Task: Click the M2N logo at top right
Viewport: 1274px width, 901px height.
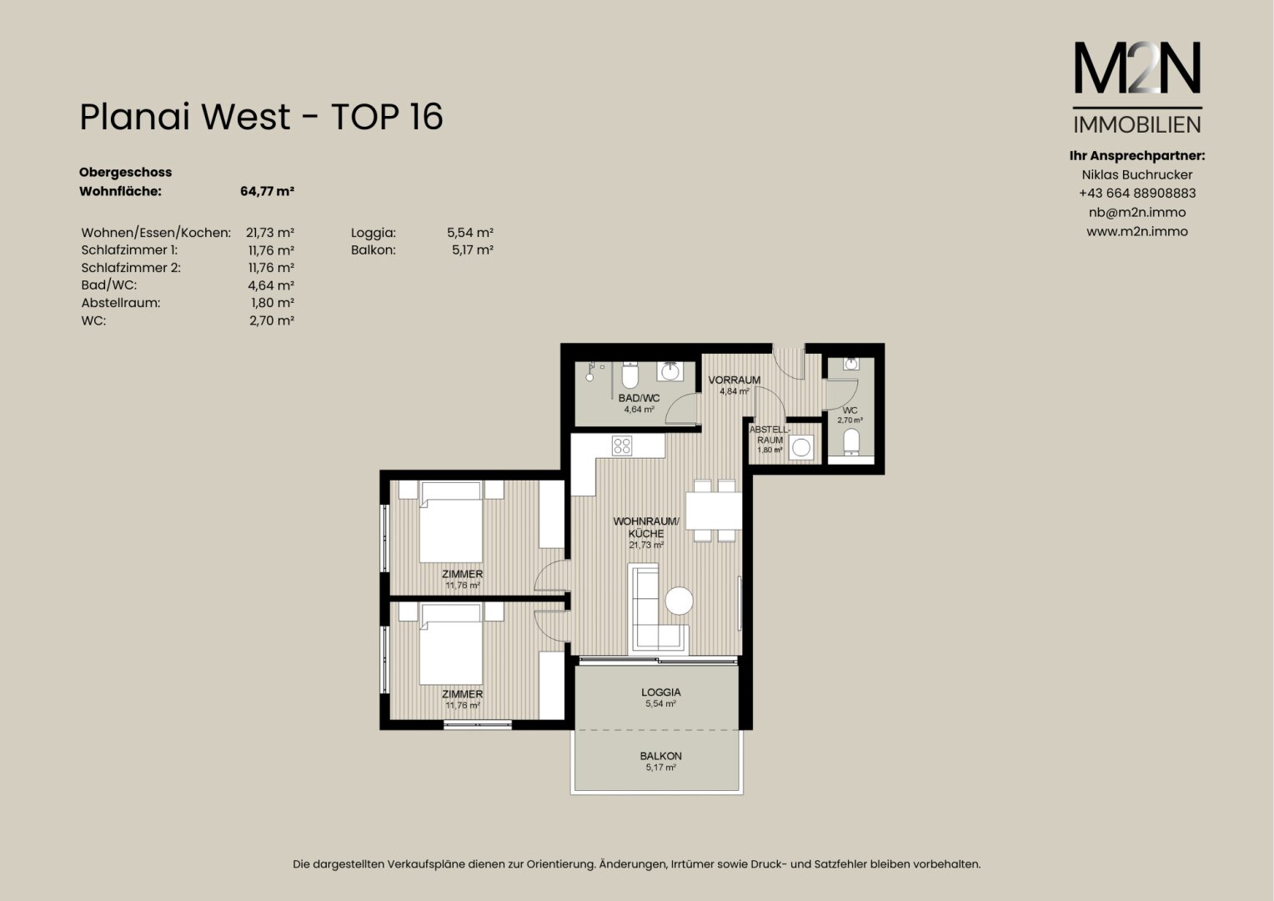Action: click(x=1137, y=87)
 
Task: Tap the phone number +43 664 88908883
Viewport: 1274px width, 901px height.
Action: click(x=1137, y=194)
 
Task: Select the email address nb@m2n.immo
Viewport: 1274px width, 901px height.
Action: click(x=1137, y=212)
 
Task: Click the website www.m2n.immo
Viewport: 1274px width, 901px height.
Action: click(x=1137, y=232)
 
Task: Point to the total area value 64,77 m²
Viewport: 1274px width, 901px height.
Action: click(x=267, y=191)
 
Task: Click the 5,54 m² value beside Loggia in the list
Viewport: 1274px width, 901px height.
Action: click(x=469, y=232)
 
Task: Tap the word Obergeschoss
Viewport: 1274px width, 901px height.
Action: click(x=125, y=173)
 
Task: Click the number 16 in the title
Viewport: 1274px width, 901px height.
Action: click(x=425, y=117)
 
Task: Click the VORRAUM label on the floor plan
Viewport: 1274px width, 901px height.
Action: click(x=735, y=380)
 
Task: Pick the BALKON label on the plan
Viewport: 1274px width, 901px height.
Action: click(x=660, y=756)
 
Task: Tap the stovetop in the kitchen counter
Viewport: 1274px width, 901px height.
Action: click(x=622, y=445)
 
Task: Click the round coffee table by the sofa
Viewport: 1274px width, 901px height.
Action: click(x=679, y=601)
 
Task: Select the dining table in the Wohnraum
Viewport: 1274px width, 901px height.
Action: click(x=714, y=511)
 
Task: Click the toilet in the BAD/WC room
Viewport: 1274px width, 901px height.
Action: click(x=630, y=375)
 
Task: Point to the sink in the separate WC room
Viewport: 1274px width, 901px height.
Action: click(x=850, y=364)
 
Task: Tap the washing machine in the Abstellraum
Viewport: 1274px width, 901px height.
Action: click(x=800, y=447)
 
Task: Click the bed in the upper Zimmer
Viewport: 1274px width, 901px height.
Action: click(x=451, y=522)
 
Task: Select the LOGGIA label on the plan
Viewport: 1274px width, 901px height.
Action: click(x=661, y=692)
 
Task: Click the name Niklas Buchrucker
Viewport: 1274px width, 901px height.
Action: click(x=1137, y=174)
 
